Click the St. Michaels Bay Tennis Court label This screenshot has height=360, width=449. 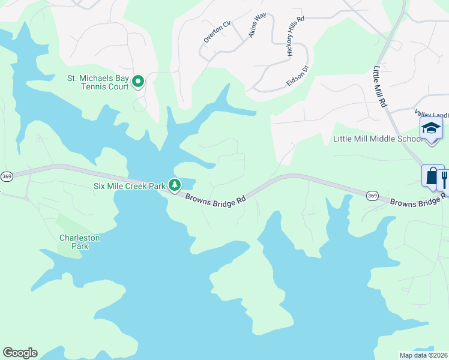97,82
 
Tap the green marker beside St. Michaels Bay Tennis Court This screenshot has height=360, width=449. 137,81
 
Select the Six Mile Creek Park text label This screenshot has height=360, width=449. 129,186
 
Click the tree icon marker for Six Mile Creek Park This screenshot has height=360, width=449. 175,185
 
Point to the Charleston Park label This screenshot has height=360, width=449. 79,242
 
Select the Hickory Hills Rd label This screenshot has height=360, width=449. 296,37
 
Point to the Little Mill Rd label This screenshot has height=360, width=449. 380,87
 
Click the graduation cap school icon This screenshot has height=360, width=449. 431,128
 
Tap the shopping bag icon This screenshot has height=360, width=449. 432,176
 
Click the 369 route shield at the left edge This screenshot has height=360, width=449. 6,176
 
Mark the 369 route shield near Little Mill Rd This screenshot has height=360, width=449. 372,195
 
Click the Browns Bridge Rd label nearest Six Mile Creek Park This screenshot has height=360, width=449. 215,200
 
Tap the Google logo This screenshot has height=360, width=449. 20,353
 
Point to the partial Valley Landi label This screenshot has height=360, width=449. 431,113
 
